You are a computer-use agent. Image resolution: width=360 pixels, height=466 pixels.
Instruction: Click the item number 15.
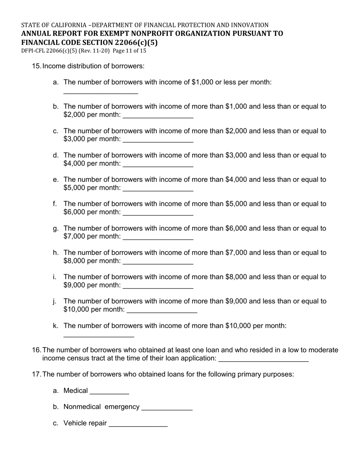coord(36,66)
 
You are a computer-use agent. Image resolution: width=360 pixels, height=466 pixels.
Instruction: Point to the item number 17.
coord(36,374)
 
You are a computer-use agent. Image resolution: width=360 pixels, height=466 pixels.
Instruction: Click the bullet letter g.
coord(55,228)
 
